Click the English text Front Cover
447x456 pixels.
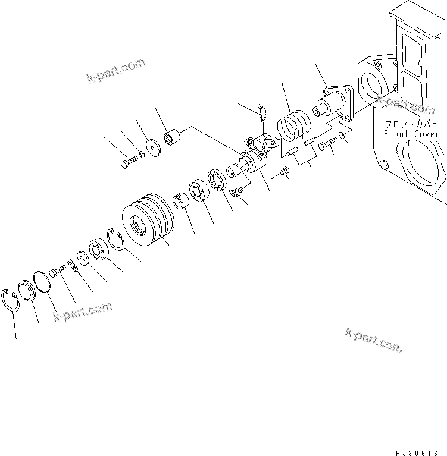411,134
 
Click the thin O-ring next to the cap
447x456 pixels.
41,281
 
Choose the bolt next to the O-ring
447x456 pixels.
57,272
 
